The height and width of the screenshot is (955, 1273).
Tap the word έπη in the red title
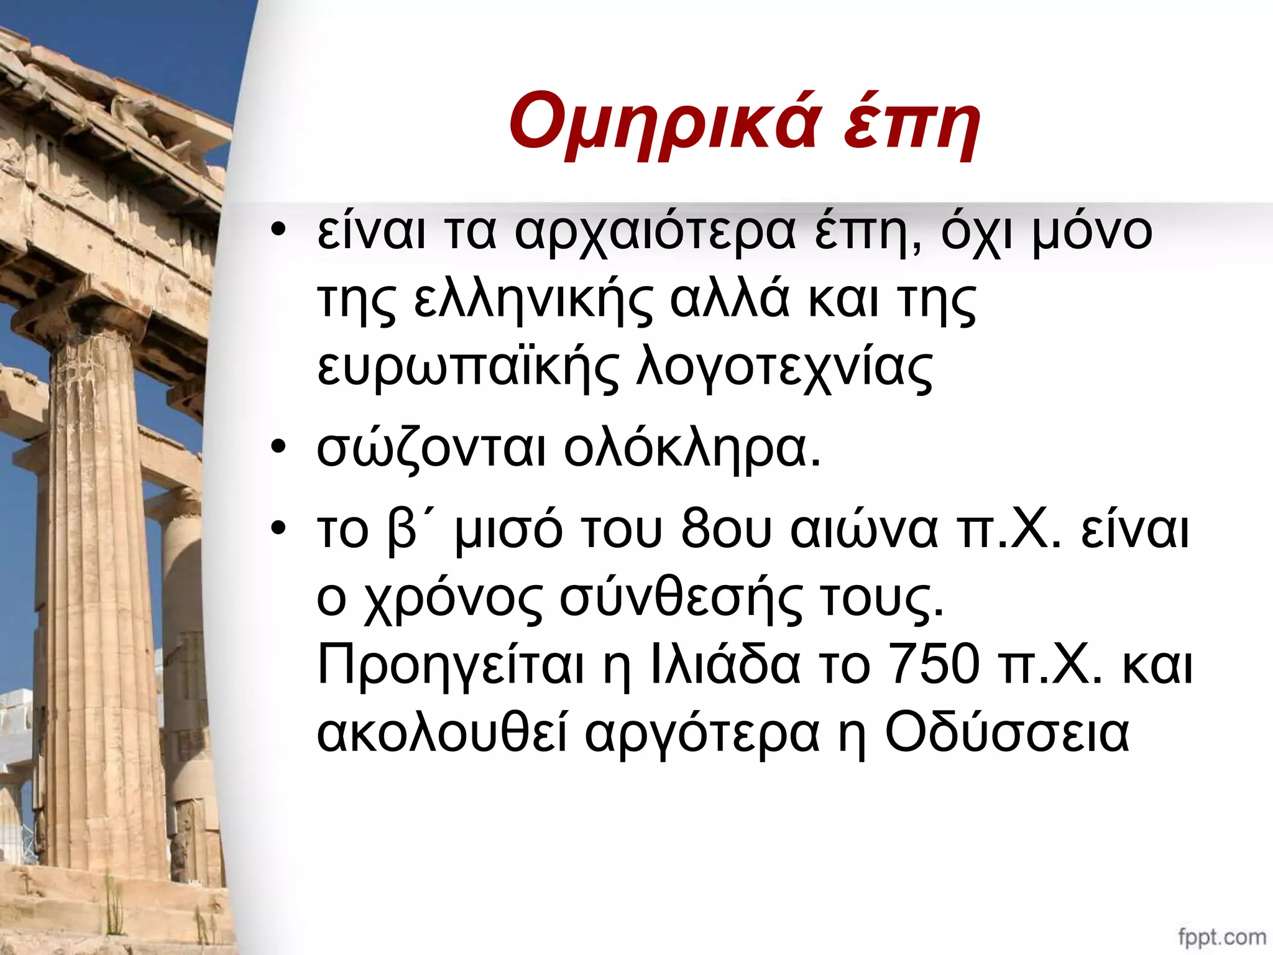pos(911,122)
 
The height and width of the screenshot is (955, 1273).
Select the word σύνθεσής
pos(681,598)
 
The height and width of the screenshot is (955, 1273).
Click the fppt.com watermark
pos(1221,936)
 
